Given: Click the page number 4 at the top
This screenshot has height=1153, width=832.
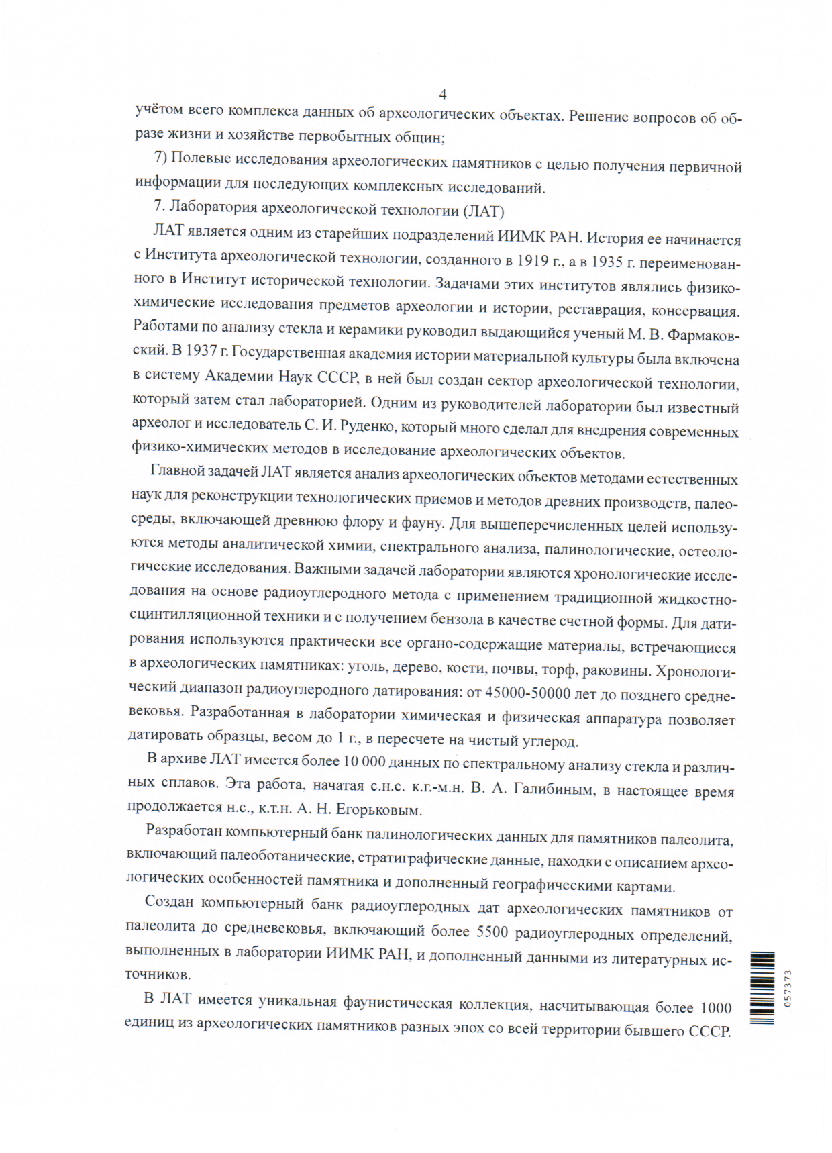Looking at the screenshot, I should (x=443, y=94).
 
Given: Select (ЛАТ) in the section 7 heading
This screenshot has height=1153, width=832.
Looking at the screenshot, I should (x=483, y=211).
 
